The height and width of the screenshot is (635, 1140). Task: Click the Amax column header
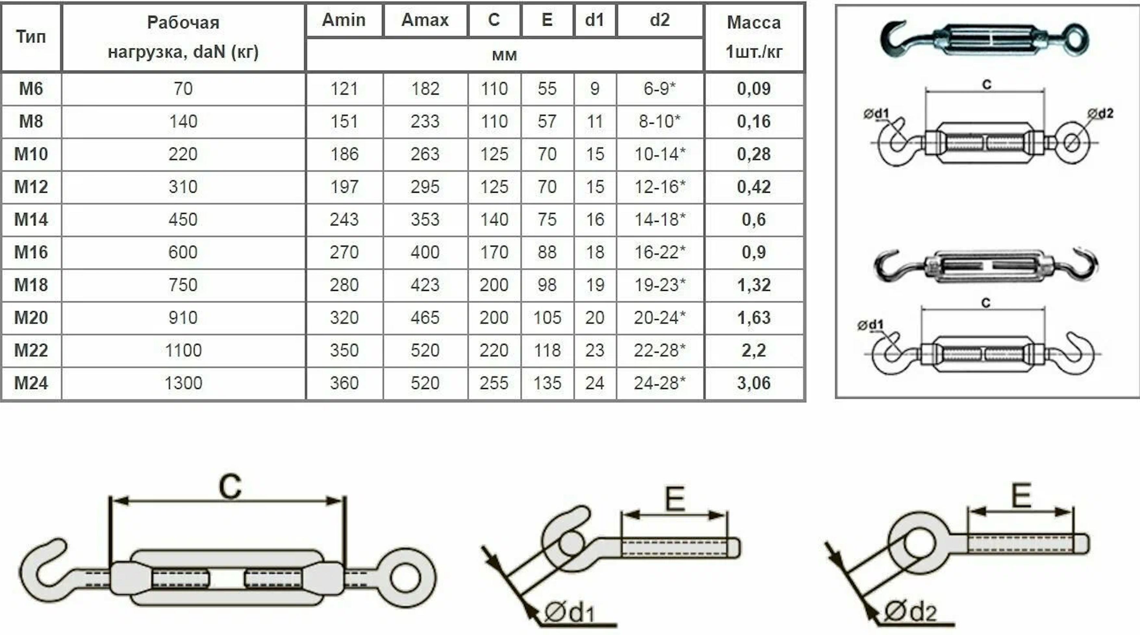(x=425, y=20)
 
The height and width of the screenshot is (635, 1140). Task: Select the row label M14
(x=31, y=219)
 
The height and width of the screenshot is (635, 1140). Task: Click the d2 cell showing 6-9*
(x=659, y=89)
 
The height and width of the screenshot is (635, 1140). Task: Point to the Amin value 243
(x=344, y=219)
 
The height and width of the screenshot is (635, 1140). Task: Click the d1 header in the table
(x=594, y=20)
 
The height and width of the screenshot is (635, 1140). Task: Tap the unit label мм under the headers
(x=504, y=55)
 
